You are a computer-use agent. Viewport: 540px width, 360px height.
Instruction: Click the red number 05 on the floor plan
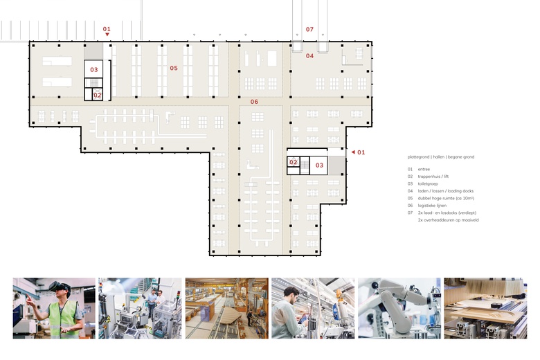(174, 69)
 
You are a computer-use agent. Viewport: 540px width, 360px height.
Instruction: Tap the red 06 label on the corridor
(254, 102)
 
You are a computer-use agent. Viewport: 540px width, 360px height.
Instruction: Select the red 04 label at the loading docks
(310, 56)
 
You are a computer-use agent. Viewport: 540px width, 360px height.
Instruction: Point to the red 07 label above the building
(310, 30)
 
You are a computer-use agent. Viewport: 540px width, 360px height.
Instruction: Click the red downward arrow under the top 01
(107, 35)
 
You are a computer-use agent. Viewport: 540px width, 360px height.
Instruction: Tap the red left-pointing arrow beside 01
(353, 152)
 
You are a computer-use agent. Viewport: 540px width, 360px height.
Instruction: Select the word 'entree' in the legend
(424, 169)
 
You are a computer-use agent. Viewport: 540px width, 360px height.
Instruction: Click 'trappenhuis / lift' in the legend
(433, 177)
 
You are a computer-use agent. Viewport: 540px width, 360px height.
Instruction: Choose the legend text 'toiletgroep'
(428, 183)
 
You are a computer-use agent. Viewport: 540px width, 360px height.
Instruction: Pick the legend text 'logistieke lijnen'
(432, 206)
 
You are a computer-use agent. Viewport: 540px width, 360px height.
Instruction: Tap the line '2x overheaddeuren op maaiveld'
(448, 219)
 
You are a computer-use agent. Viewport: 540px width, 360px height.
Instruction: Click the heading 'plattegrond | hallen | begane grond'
(441, 156)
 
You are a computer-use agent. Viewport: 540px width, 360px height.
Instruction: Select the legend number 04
(410, 191)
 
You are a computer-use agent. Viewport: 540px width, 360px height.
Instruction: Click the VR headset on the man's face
(59, 288)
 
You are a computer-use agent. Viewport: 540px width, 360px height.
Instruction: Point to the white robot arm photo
(399, 308)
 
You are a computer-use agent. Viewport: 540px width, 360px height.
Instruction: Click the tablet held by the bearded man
(303, 319)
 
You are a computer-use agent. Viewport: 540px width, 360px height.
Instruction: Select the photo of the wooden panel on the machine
(485, 308)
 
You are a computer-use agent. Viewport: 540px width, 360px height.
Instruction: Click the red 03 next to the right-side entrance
(320, 165)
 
